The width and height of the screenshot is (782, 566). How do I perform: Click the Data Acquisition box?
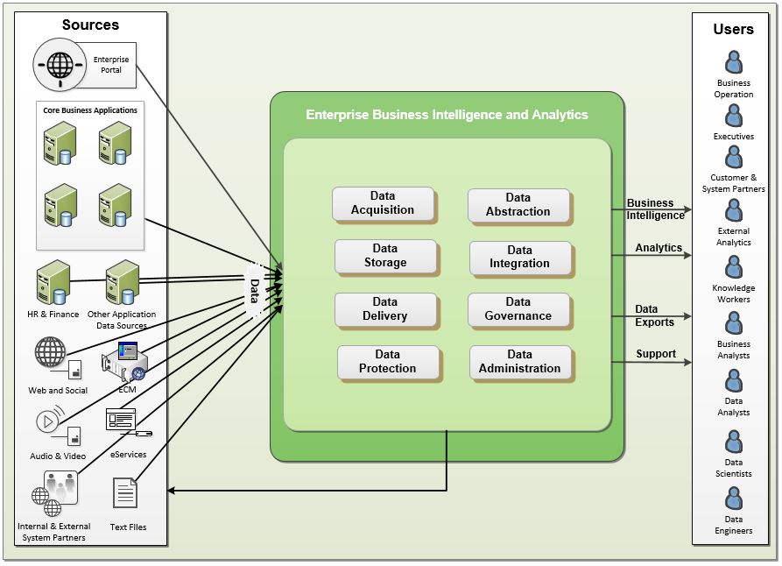tap(383, 203)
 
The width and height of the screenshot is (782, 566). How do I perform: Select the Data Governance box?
tap(518, 309)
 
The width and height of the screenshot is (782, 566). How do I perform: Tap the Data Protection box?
tap(388, 362)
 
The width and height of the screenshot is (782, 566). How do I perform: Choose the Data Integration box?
tap(520, 257)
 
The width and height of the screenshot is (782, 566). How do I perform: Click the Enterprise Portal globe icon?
tap(60, 67)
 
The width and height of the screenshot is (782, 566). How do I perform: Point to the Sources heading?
tap(90, 25)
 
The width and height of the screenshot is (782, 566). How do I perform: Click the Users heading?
tap(733, 29)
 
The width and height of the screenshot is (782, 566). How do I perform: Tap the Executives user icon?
tap(734, 117)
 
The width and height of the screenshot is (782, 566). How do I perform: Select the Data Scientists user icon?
tap(734, 442)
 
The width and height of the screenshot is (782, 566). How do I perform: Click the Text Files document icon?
tap(125, 493)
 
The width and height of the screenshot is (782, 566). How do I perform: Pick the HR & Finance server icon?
tap(52, 282)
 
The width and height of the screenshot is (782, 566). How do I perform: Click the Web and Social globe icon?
tap(50, 352)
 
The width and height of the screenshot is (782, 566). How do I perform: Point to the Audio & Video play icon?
tap(49, 421)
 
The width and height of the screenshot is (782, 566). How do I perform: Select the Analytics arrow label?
tap(659, 248)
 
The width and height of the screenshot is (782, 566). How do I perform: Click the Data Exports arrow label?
tap(654, 315)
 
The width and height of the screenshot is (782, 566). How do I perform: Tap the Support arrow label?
tap(656, 354)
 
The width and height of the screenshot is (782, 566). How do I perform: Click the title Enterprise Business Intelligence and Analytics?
tap(447, 115)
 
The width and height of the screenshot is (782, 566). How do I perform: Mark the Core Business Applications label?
tap(90, 110)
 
